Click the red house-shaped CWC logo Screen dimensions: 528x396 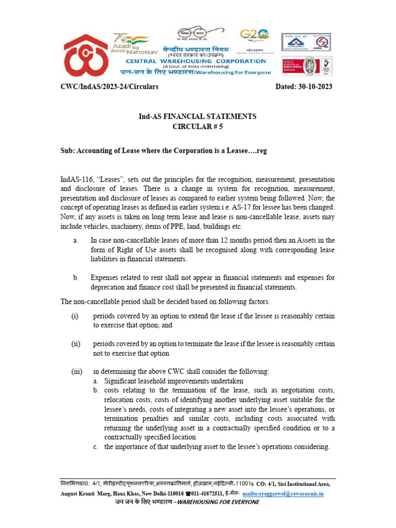point(85,54)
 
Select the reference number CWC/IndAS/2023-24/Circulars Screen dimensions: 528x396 point(109,87)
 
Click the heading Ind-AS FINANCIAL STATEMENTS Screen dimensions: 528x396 point(197,117)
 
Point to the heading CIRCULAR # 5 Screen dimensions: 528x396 point(197,126)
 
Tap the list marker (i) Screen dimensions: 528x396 point(75,316)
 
